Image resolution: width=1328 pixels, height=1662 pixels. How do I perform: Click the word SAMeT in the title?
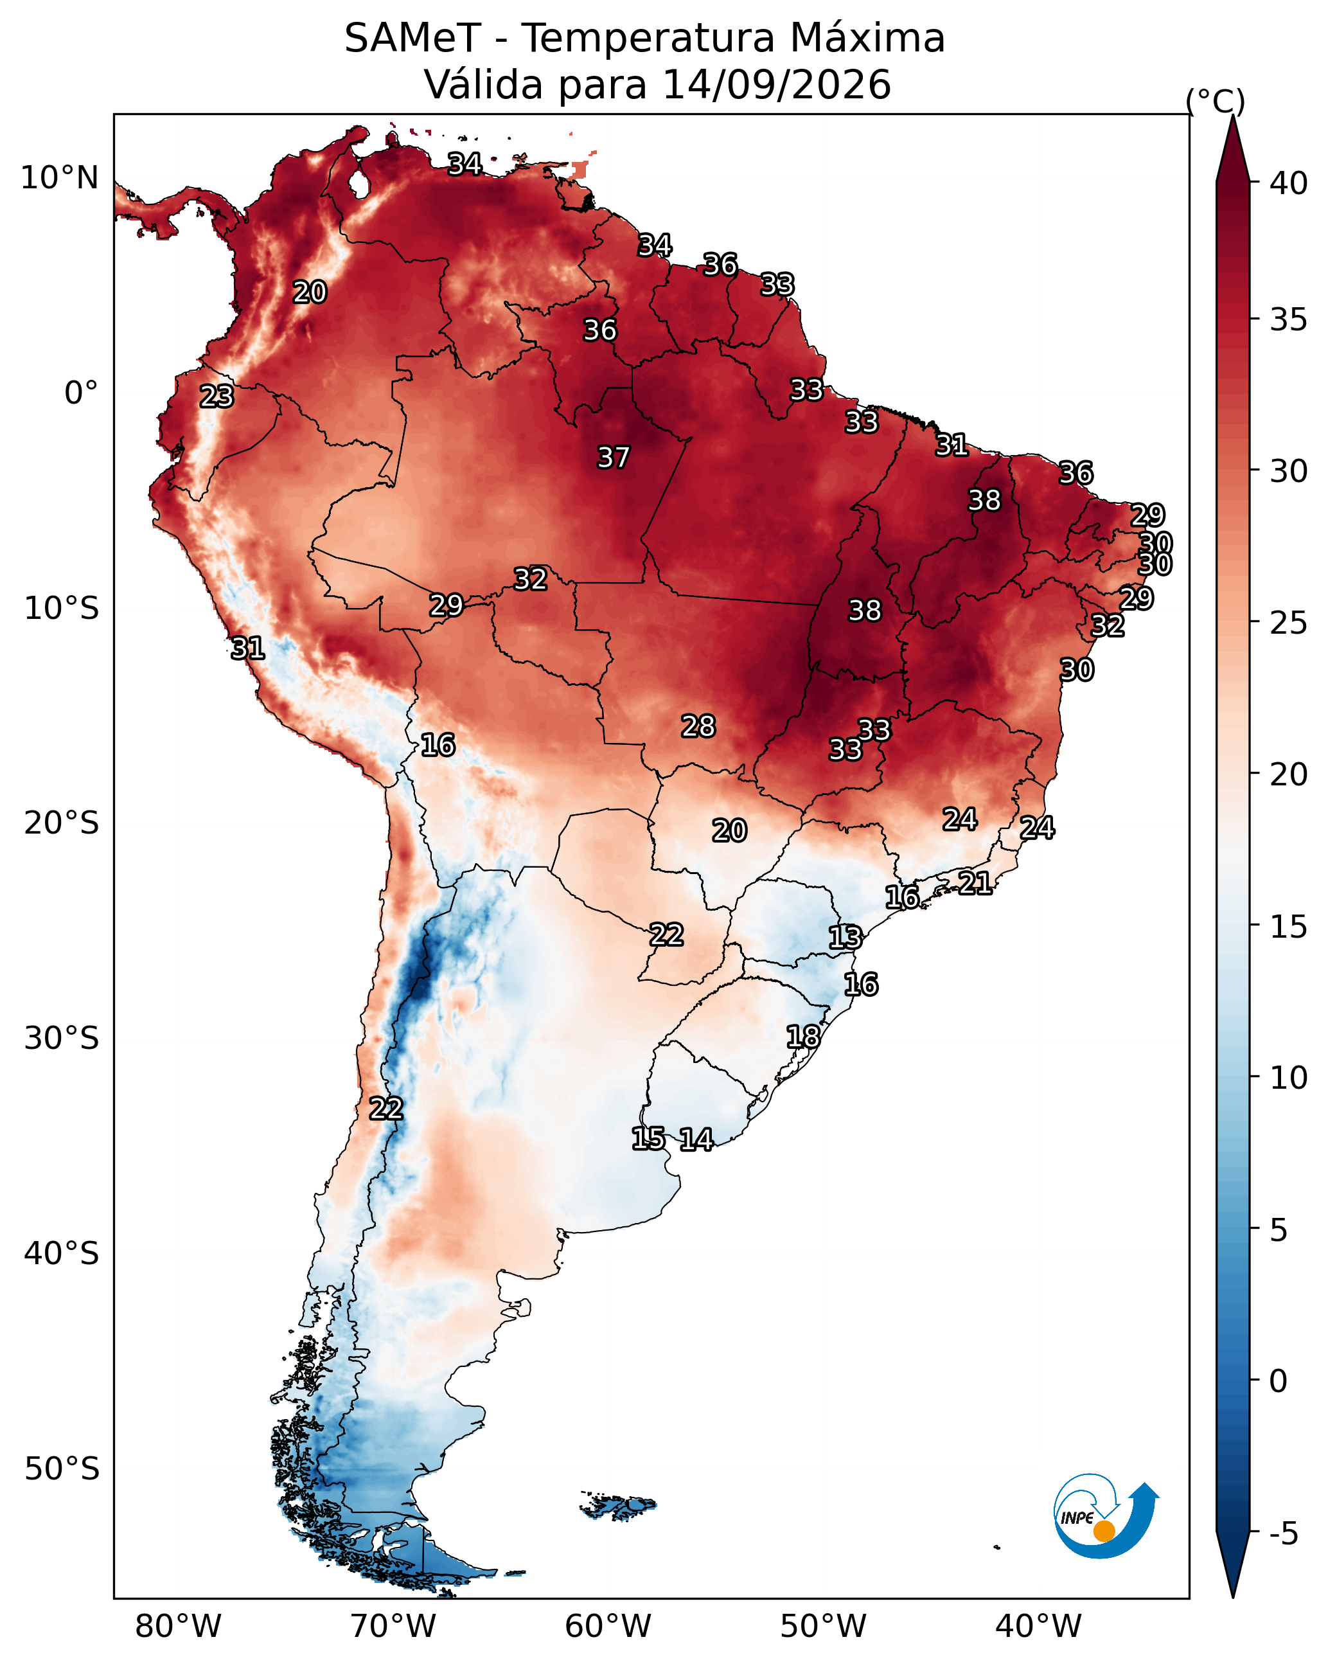(x=412, y=39)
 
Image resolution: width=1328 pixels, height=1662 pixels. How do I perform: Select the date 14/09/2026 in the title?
(x=777, y=84)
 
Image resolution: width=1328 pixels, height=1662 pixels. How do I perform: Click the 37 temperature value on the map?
(x=614, y=458)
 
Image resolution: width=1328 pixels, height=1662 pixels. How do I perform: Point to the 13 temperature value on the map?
(x=845, y=938)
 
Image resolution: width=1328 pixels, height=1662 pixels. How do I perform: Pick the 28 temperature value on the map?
(x=698, y=726)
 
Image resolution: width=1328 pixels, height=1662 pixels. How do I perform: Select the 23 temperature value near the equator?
(x=217, y=397)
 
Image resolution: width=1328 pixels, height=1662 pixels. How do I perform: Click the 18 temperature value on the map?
(x=803, y=1037)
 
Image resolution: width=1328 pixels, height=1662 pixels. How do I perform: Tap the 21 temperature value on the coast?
(x=975, y=882)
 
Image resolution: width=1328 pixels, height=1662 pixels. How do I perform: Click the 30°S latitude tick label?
(x=62, y=1039)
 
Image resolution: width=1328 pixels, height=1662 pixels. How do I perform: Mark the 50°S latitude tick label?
(x=62, y=1469)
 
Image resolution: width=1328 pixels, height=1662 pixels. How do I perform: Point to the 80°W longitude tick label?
(x=178, y=1626)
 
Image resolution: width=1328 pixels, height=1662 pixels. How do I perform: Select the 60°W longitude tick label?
(x=608, y=1626)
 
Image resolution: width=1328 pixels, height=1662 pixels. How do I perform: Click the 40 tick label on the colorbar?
(x=1289, y=183)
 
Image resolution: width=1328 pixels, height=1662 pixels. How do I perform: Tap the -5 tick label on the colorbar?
(x=1284, y=1534)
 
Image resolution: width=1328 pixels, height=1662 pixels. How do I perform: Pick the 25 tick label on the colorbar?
(x=1289, y=623)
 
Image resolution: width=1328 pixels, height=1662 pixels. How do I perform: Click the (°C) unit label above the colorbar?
(x=1216, y=101)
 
